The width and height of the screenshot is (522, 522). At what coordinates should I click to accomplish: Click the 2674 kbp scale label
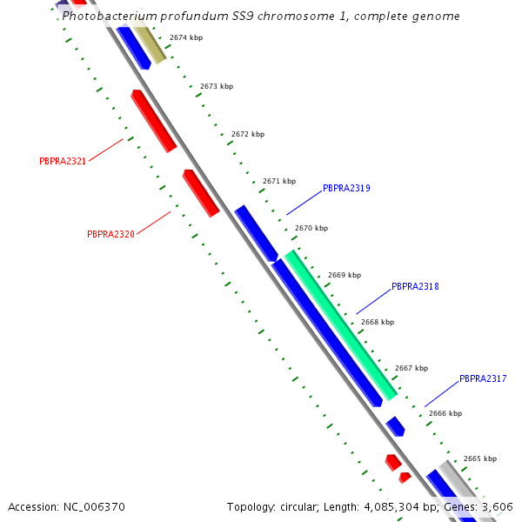pos(186,38)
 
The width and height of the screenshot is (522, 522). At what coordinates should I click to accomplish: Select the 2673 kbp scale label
pos(217,86)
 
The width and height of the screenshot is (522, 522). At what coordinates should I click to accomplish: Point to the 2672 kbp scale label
pos(248,134)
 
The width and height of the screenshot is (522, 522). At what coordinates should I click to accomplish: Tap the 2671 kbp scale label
pos(279,181)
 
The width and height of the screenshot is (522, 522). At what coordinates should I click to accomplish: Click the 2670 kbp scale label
pos(311,228)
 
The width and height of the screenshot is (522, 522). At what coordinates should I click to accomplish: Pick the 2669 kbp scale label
pos(345,275)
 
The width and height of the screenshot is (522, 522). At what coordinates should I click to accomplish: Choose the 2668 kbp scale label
pos(378,322)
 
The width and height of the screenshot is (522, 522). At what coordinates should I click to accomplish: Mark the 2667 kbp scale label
pos(412,368)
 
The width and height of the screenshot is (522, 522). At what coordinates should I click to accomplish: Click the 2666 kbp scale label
pos(445,413)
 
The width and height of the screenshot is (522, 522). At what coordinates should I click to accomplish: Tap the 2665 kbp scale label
pos(480,458)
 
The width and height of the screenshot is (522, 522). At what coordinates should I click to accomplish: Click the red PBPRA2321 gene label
pos(63,161)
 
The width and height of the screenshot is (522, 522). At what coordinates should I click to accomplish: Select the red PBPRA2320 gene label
pos(110,234)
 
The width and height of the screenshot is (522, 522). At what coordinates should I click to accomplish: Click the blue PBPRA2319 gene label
pos(346,188)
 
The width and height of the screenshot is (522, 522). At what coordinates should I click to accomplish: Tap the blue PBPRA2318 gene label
pos(415,286)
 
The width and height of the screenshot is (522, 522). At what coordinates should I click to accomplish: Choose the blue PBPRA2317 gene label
pos(483,378)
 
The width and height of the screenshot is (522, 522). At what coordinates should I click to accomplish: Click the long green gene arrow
pos(341,325)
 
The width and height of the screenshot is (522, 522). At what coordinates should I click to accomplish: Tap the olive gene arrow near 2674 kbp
pos(149,43)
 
